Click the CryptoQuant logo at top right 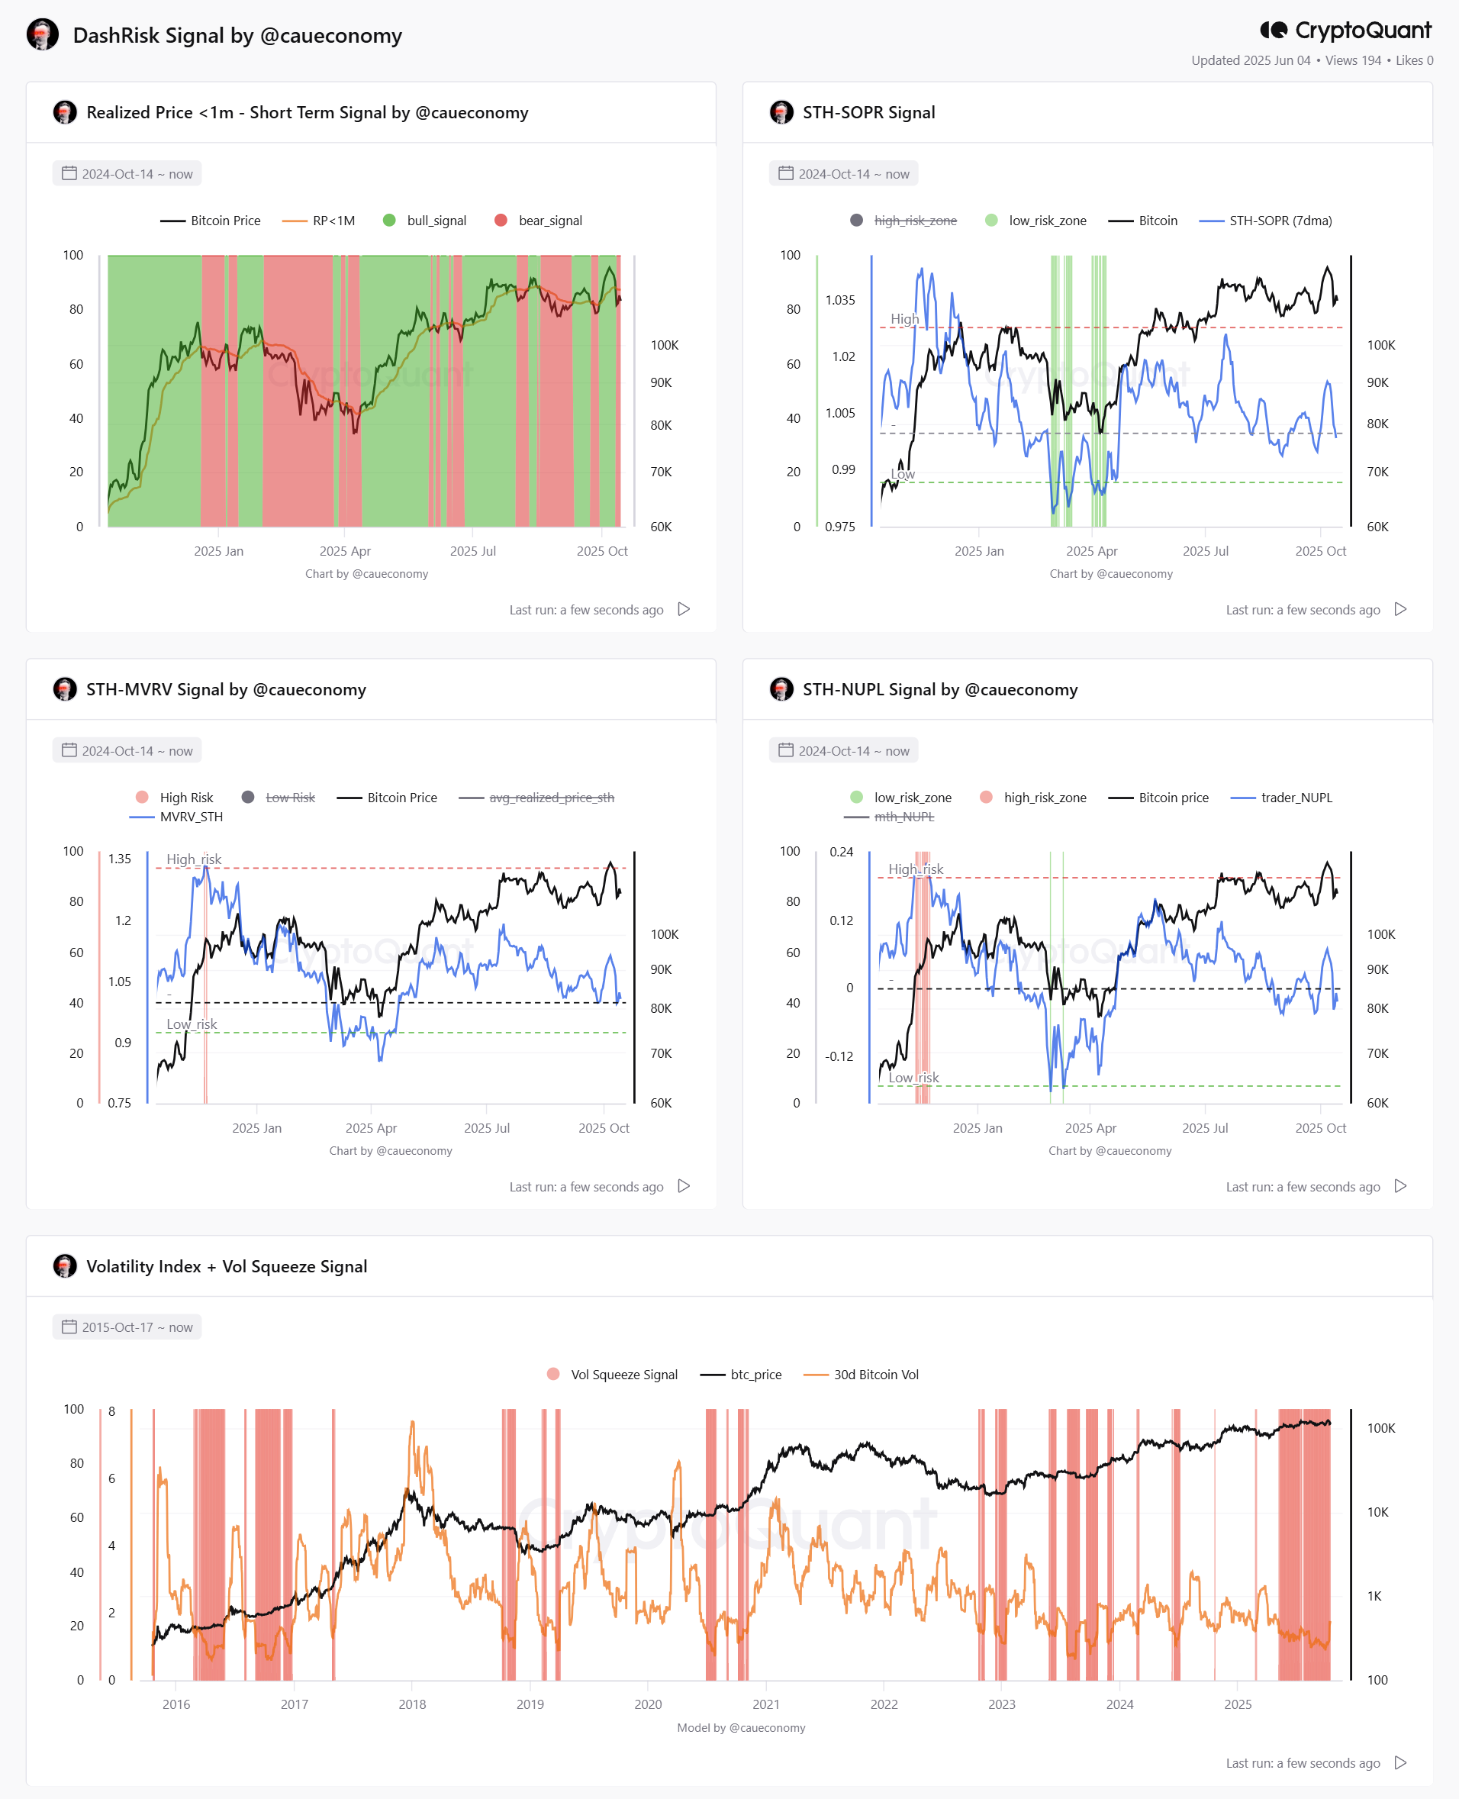(1345, 31)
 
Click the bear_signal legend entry (539, 221)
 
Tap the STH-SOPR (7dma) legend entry (1266, 221)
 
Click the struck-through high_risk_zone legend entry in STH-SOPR (903, 221)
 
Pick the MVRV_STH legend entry (176, 816)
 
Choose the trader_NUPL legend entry (1282, 797)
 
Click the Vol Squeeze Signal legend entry (612, 1375)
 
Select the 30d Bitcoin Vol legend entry (862, 1375)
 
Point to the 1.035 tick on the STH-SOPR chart (839, 300)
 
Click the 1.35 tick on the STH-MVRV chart (119, 859)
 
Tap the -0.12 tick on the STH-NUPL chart (839, 1056)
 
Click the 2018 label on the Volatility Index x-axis (412, 1704)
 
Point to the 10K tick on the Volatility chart (1377, 1511)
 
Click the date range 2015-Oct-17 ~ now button (127, 1327)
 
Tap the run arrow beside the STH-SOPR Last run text (1400, 608)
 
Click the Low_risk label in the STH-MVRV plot (192, 1024)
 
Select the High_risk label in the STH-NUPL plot (916, 869)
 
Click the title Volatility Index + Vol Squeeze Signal (227, 1266)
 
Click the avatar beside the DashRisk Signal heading (43, 34)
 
